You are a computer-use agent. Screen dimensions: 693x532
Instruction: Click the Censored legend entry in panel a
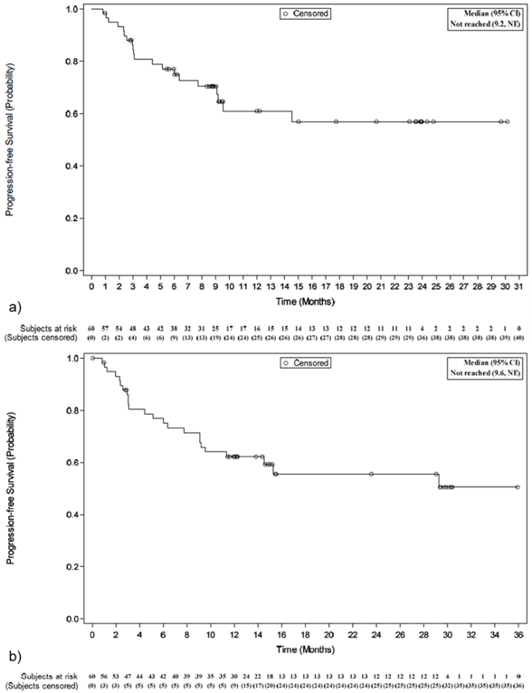point(305,14)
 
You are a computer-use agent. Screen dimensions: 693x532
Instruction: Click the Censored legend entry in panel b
point(305,362)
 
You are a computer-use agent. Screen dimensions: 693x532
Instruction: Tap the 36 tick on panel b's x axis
point(518,633)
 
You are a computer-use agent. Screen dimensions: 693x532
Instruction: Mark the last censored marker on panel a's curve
point(508,121)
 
